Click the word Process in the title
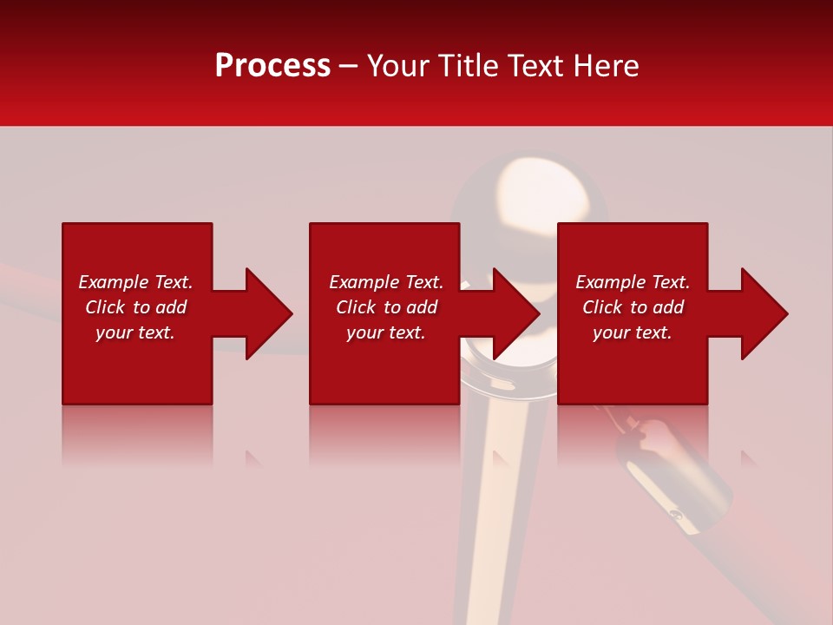[x=272, y=66]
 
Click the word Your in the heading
[x=400, y=66]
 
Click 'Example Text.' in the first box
[x=135, y=282]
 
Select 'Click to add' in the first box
[x=135, y=307]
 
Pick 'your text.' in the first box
[x=135, y=332]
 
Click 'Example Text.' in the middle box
[x=386, y=282]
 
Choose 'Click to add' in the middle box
[x=386, y=307]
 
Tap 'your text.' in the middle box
[x=386, y=332]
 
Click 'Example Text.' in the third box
[x=633, y=282]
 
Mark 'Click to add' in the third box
[x=633, y=307]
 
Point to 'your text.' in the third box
[x=633, y=332]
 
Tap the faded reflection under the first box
[x=137, y=434]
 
